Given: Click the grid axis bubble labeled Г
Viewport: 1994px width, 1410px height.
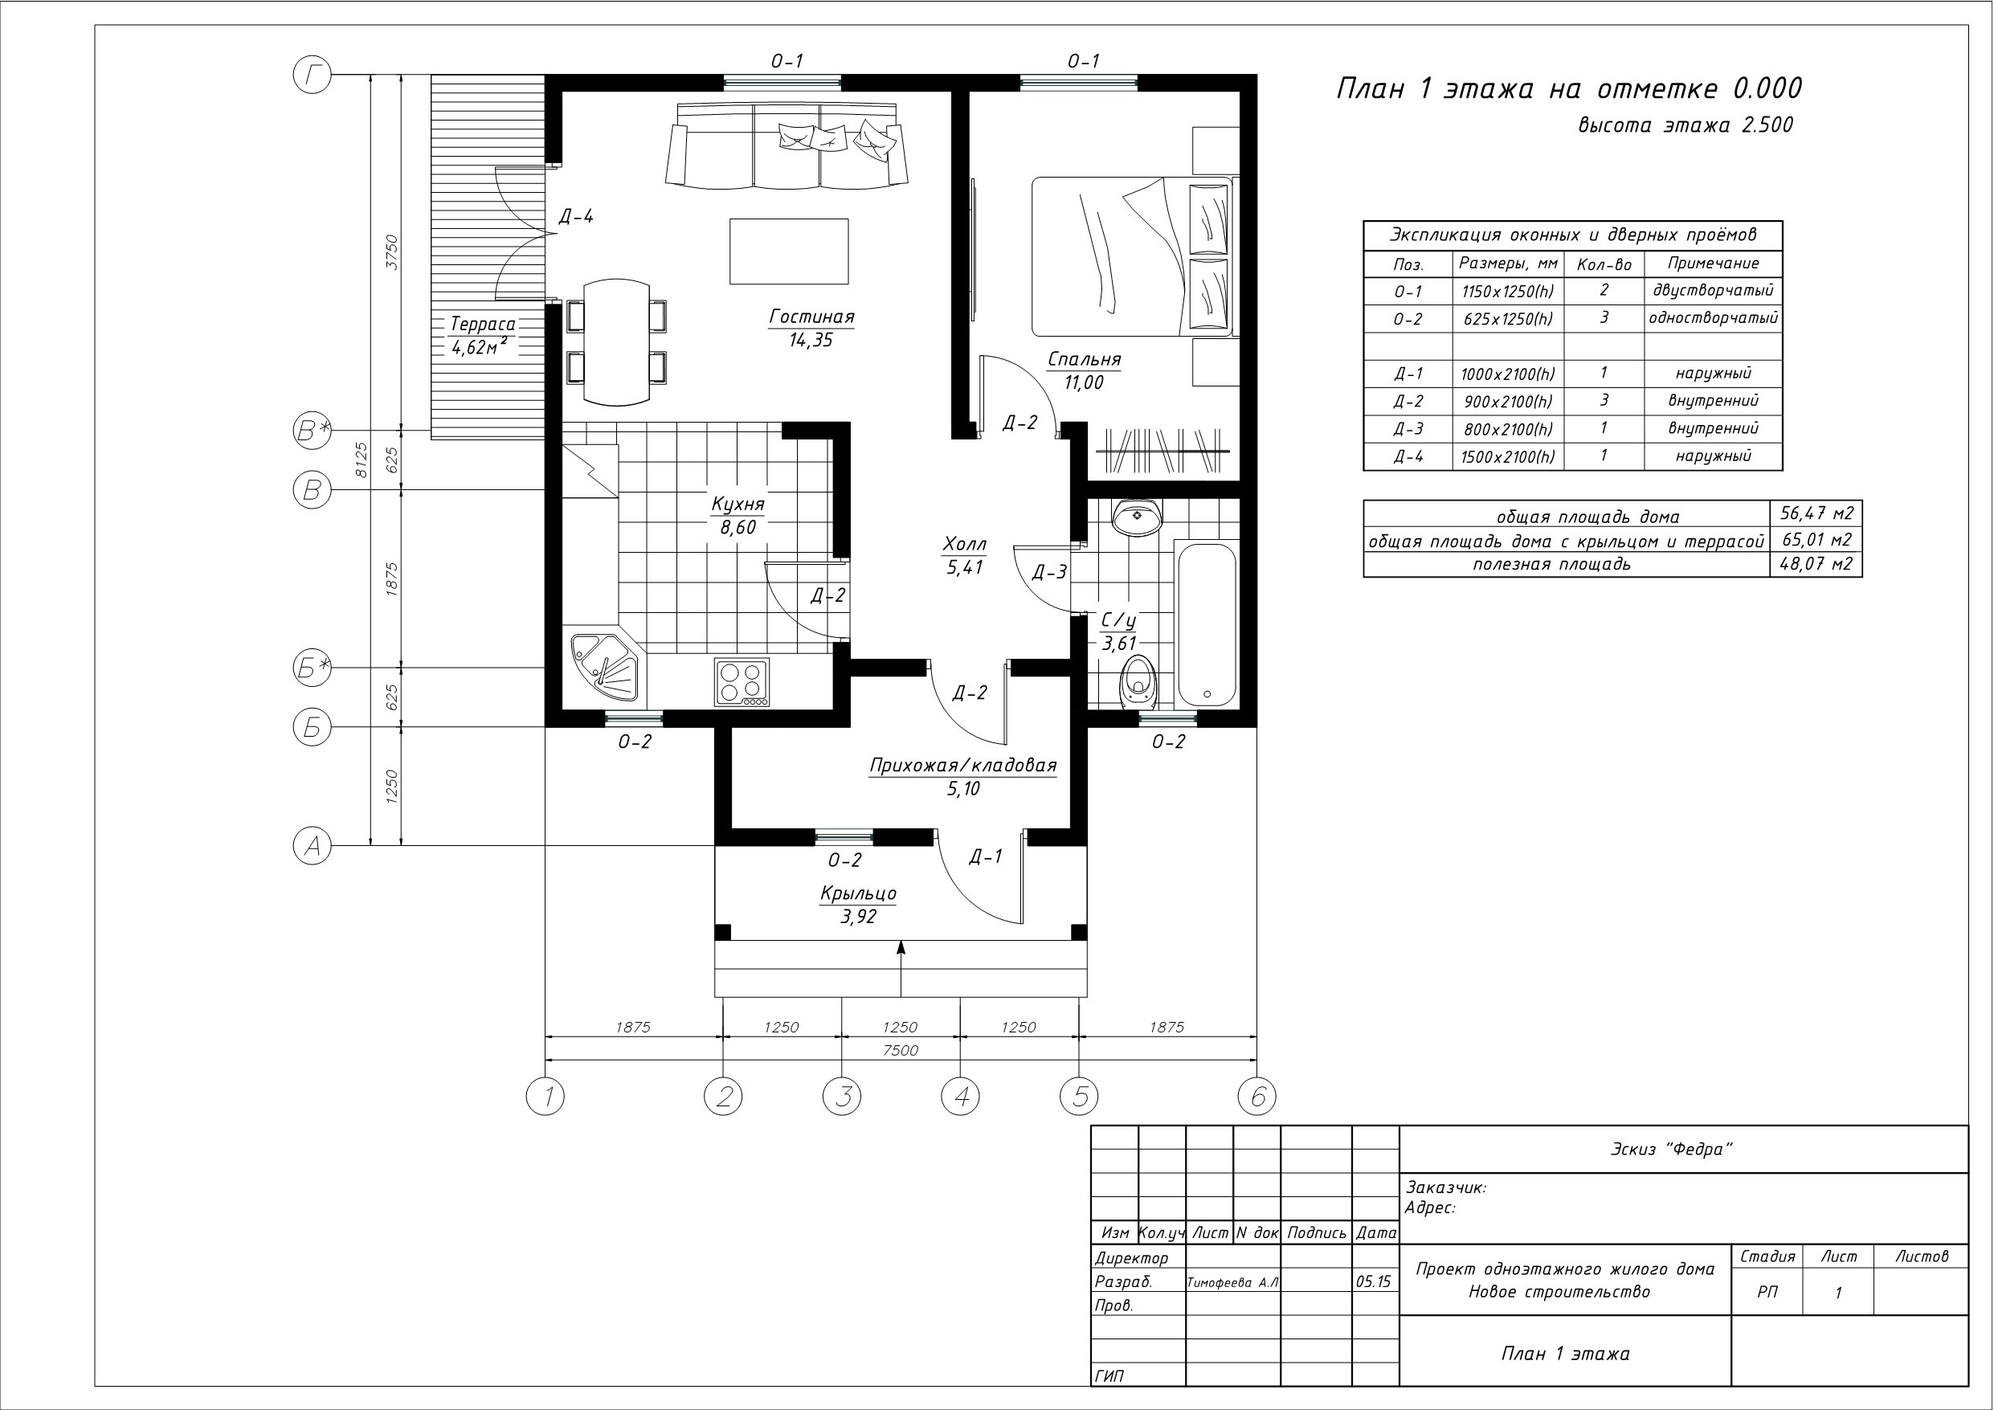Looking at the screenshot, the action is coord(313,76).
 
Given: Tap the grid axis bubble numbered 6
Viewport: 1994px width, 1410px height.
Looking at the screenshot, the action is coord(1256,1097).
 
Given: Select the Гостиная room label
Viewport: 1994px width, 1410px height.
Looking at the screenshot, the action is coord(812,317).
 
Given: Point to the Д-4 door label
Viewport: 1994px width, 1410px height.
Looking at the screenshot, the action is coord(576,216).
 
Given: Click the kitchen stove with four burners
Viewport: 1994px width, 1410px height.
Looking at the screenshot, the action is coord(742,683).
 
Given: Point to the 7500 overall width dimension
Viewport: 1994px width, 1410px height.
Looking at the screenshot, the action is coord(901,1050).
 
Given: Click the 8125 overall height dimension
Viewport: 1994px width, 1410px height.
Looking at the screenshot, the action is coord(362,460).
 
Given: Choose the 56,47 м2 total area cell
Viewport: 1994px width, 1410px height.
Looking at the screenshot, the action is coord(1816,513).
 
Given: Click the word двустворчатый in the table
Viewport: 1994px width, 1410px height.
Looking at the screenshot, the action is coord(1713,290).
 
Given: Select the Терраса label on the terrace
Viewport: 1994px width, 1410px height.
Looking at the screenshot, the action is coord(482,325).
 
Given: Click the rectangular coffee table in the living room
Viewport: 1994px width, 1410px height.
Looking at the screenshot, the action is coord(789,251).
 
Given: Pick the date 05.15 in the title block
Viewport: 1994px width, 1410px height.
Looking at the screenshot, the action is coord(1373,1281).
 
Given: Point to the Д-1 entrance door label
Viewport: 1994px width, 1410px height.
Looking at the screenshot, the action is coord(986,856).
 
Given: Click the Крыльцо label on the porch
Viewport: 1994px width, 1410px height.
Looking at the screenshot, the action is coord(858,893).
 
